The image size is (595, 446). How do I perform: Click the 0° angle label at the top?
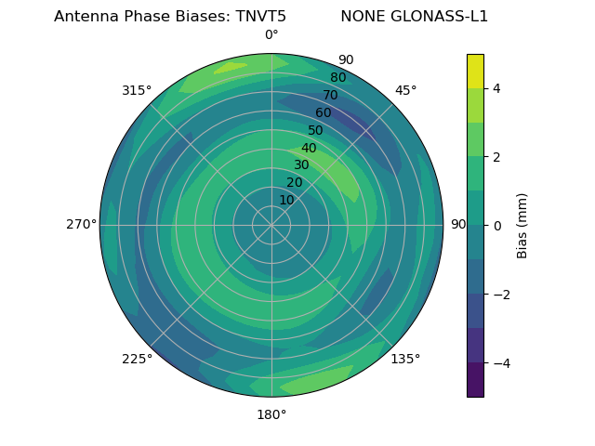(271, 35)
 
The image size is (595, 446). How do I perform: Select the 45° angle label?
(405, 90)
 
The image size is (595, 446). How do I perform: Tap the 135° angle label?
(405, 359)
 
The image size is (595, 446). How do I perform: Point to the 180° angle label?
(271, 414)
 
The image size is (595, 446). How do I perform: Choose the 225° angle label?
(137, 359)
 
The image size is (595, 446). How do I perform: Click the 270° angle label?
(81, 225)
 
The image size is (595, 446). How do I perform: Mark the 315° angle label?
(137, 90)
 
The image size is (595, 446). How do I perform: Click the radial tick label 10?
(286, 200)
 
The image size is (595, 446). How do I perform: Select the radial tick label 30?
(301, 164)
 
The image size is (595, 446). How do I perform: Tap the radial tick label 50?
(316, 130)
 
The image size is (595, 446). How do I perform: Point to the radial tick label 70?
(330, 95)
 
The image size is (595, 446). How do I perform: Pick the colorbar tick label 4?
(497, 88)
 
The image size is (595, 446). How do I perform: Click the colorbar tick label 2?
(497, 157)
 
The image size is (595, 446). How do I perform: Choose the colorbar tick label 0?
(497, 225)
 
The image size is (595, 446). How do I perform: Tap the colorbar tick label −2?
(501, 294)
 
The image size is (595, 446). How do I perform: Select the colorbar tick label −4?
(501, 362)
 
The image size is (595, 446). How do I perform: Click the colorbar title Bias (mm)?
(522, 225)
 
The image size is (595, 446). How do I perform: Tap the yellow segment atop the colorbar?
(475, 71)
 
